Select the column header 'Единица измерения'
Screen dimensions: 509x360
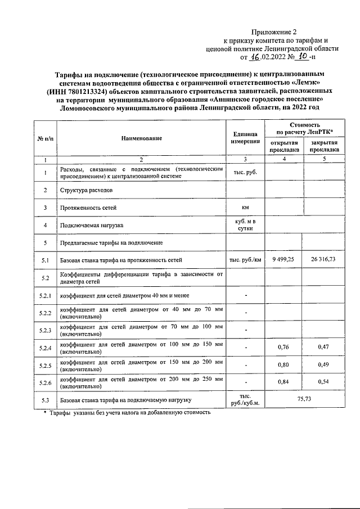(245, 138)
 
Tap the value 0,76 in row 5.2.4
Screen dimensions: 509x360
(283, 347)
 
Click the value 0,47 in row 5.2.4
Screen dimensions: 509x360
(323, 347)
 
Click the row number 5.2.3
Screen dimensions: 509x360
(45, 330)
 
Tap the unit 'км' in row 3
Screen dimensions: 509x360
(245, 208)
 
